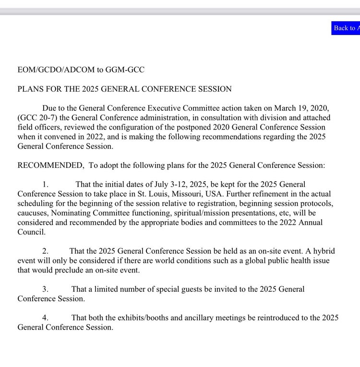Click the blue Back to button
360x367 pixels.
(345, 28)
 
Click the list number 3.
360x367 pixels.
(45, 289)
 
